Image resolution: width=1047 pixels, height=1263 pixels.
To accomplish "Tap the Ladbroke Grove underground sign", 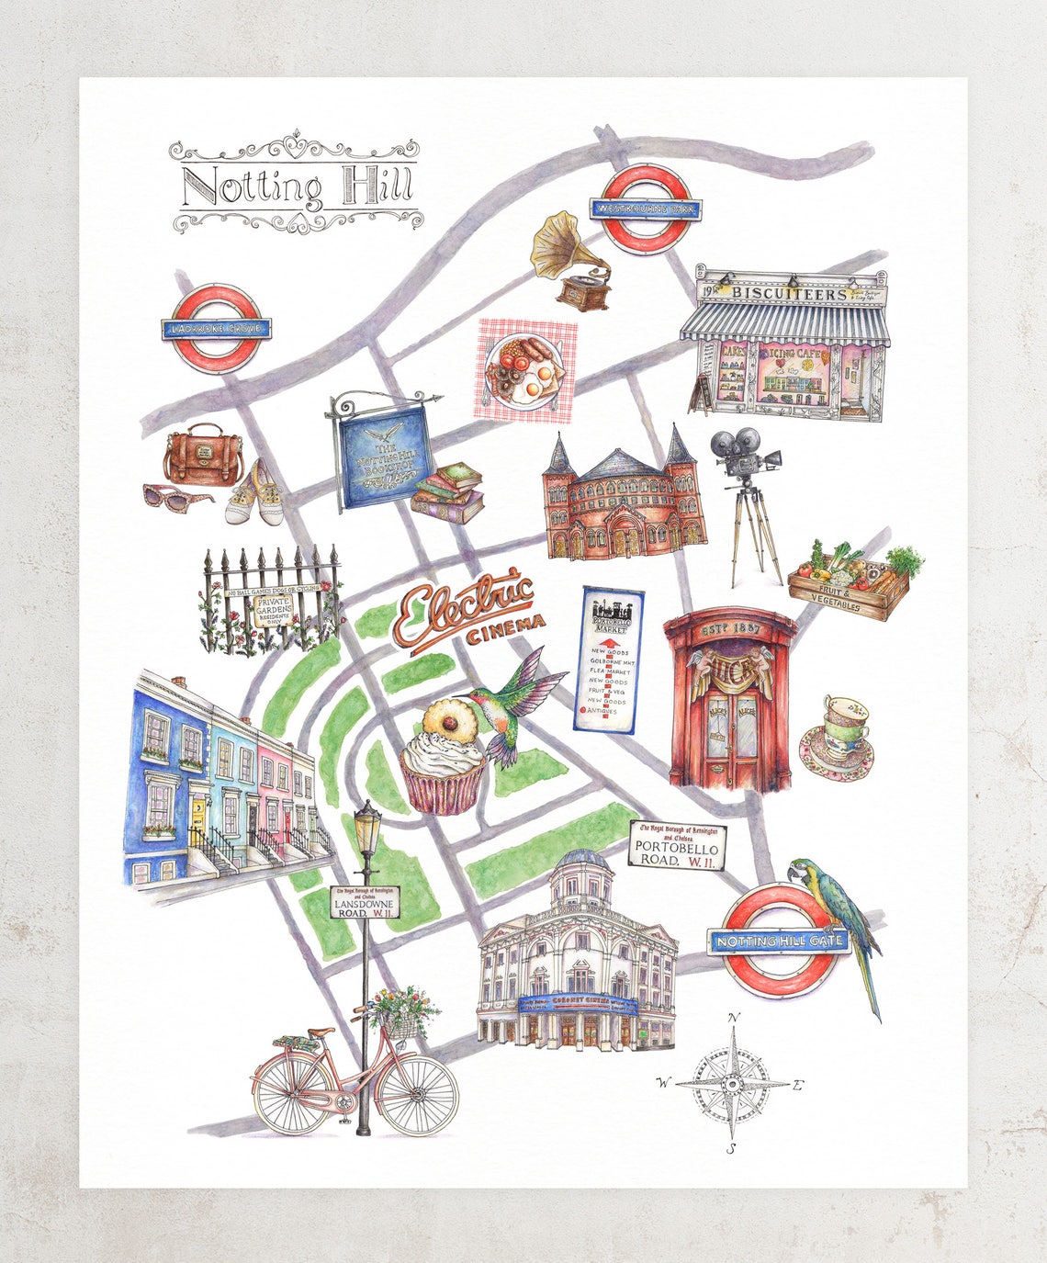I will [x=217, y=328].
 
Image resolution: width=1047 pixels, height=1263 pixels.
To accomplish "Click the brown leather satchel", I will [x=204, y=457].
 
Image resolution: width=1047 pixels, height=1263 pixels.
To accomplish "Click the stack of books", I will [x=449, y=493].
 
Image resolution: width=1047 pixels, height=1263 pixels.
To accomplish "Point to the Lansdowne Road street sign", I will [x=366, y=902].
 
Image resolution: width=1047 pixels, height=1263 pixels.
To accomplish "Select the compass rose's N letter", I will [x=733, y=1017].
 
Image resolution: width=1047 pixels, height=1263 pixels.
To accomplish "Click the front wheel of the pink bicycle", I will [x=417, y=1094].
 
